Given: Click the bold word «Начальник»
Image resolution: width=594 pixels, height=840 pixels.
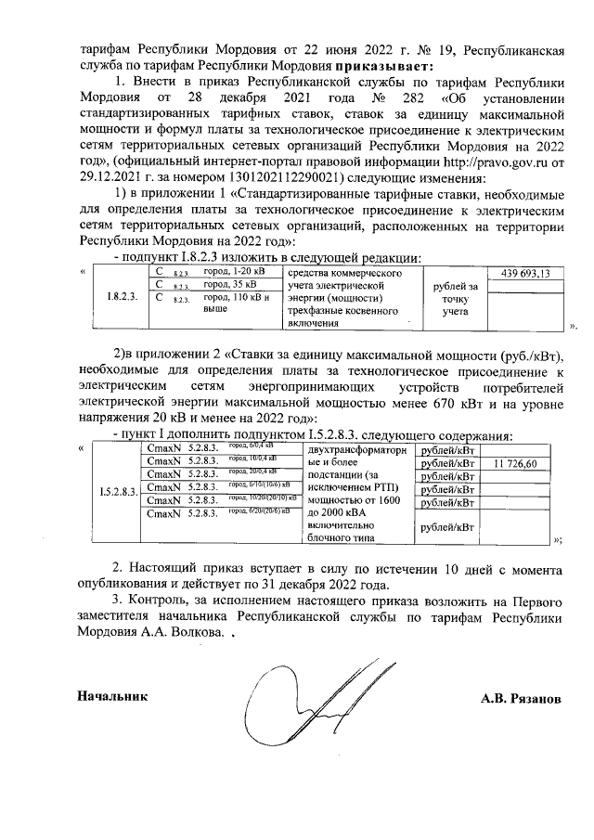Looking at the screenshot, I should click(110, 694).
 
